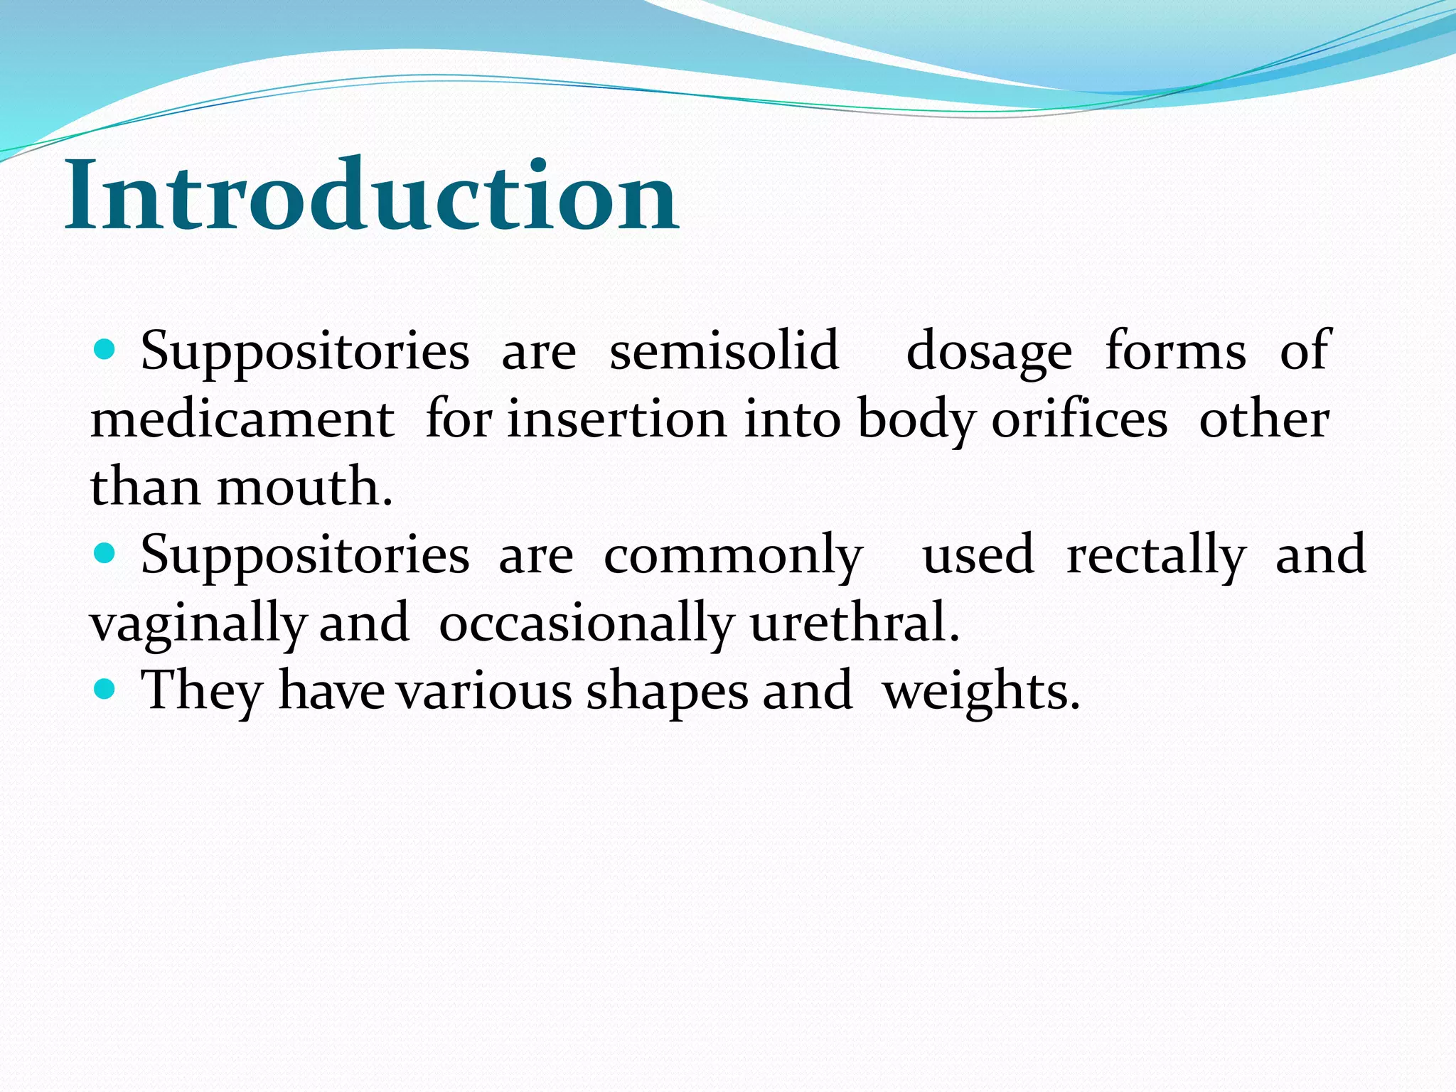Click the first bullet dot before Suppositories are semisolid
point(105,349)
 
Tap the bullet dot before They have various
point(105,688)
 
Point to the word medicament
point(242,419)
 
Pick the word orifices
point(1079,419)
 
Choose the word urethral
point(855,621)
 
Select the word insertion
point(616,419)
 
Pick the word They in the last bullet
point(202,691)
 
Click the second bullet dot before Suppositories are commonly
point(105,552)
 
